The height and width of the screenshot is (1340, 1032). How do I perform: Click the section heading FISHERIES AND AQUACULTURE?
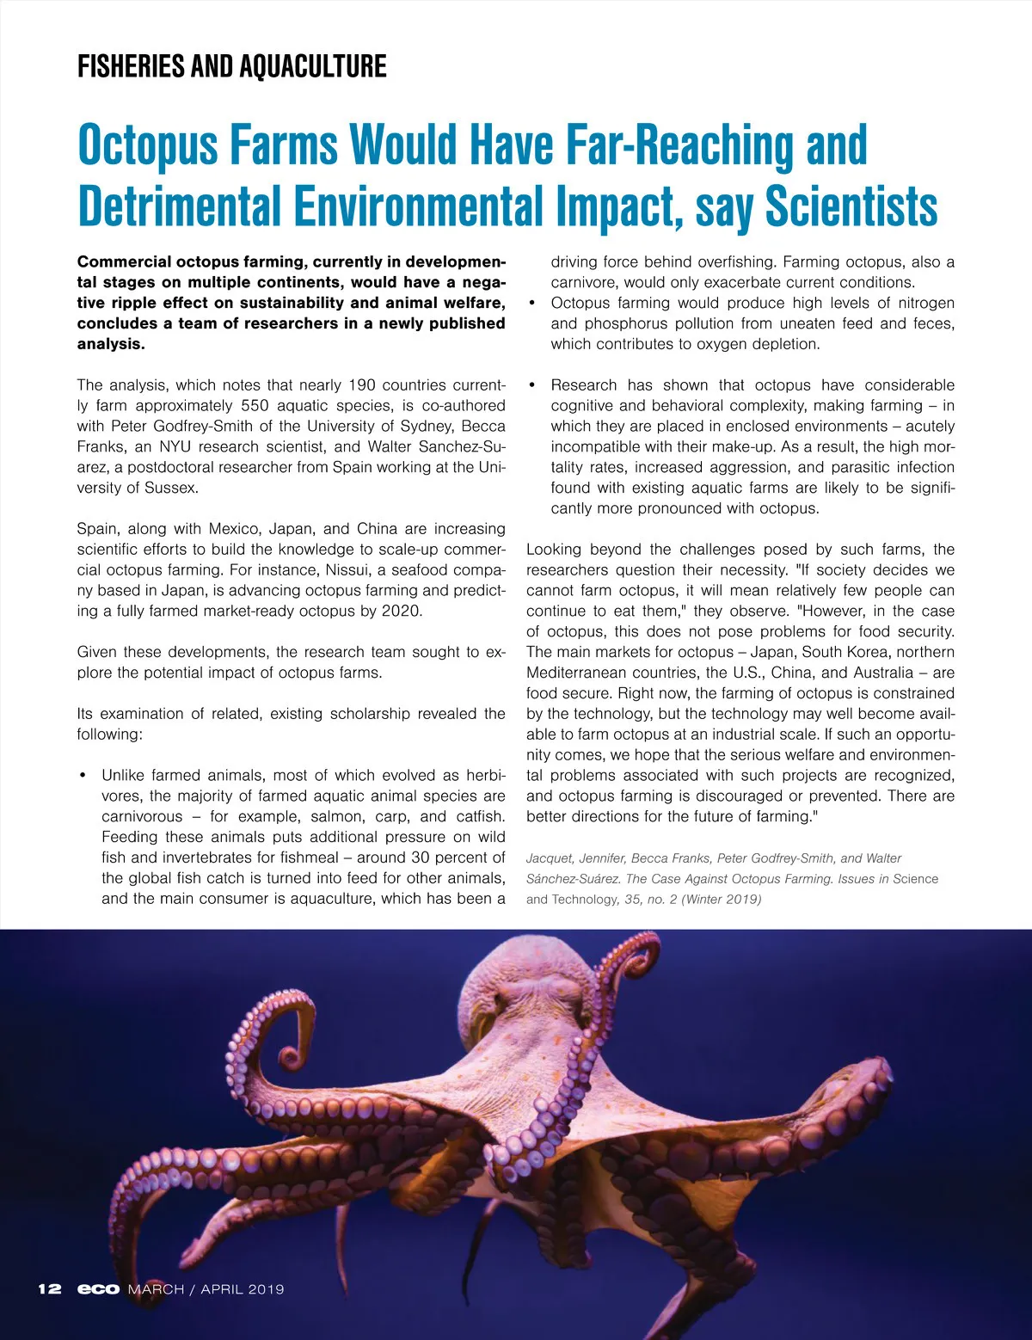(x=231, y=66)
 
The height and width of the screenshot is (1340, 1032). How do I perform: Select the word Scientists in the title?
(x=851, y=206)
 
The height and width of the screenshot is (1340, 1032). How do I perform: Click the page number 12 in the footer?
(x=50, y=1288)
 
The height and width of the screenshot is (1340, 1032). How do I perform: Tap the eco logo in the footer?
(x=98, y=1288)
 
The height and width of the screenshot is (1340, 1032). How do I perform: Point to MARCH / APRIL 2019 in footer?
(x=206, y=1288)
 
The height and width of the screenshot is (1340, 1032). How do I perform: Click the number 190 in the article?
(x=361, y=385)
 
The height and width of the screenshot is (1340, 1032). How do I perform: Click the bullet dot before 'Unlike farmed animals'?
(x=83, y=776)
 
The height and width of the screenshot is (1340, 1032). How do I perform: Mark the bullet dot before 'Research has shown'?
(x=532, y=385)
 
